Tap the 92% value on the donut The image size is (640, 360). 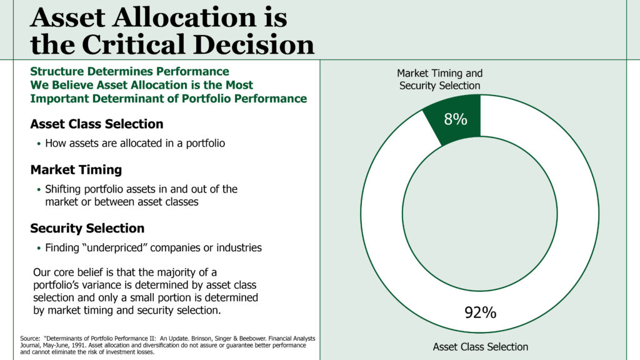(x=481, y=312)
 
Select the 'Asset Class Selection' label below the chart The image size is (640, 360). (x=481, y=347)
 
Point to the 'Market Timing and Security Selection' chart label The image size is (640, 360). (x=439, y=79)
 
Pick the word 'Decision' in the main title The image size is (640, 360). (x=254, y=44)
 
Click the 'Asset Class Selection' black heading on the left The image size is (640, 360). (x=97, y=124)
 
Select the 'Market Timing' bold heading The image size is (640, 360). (x=76, y=170)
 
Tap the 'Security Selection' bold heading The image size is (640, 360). (x=87, y=228)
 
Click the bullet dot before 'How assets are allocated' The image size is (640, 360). (x=39, y=144)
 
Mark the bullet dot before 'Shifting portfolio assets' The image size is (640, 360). (x=39, y=189)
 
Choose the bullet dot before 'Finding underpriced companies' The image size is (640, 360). (x=39, y=248)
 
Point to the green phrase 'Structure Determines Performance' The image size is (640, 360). (x=129, y=71)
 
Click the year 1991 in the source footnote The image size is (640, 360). (x=78, y=345)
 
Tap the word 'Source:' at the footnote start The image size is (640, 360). (x=30, y=338)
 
